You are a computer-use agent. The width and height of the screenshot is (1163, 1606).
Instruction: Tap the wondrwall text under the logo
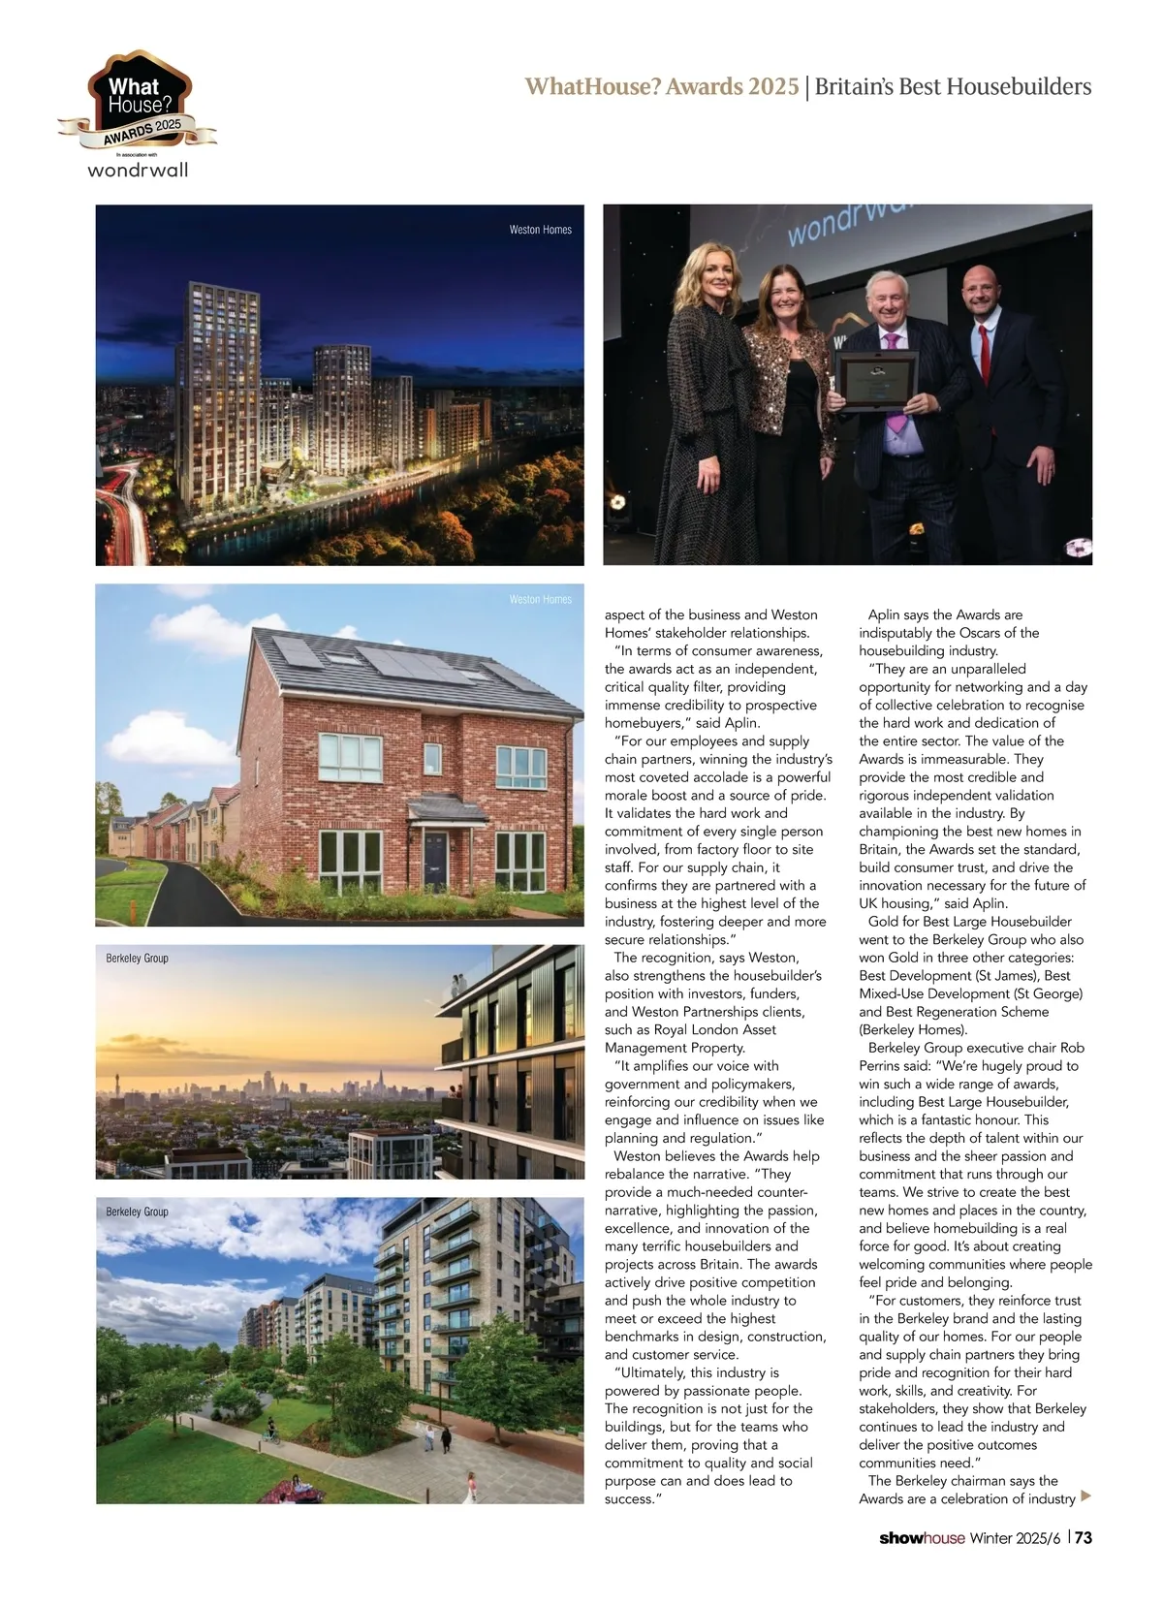[x=138, y=171]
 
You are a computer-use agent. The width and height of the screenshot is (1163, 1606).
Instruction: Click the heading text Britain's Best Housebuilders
[x=953, y=86]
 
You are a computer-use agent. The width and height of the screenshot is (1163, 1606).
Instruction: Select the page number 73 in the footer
[x=1084, y=1538]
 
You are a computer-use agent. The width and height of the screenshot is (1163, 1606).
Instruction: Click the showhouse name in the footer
[x=922, y=1538]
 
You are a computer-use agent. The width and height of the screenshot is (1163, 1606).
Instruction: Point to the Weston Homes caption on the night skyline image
[x=541, y=230]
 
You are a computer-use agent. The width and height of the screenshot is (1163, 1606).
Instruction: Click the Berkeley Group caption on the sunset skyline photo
[x=137, y=958]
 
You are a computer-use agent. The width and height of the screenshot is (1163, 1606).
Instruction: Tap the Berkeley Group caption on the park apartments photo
[x=137, y=1212]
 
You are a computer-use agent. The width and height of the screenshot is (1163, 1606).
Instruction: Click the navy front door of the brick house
[x=434, y=860]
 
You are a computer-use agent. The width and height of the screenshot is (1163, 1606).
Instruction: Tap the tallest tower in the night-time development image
[x=217, y=378]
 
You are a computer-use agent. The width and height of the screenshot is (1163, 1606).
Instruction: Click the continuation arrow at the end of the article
[x=1085, y=1496]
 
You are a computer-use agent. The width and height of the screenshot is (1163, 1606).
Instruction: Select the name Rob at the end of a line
[x=1072, y=1048]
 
